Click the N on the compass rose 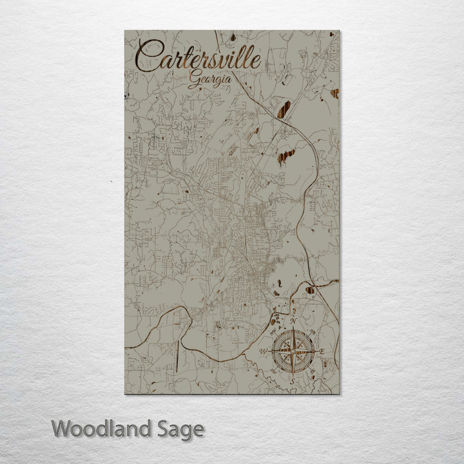(x=294, y=321)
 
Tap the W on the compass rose (x=263, y=351)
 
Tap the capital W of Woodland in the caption (x=61, y=428)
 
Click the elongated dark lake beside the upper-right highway (x=284, y=106)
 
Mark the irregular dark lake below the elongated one (x=286, y=157)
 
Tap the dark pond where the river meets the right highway (x=312, y=289)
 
